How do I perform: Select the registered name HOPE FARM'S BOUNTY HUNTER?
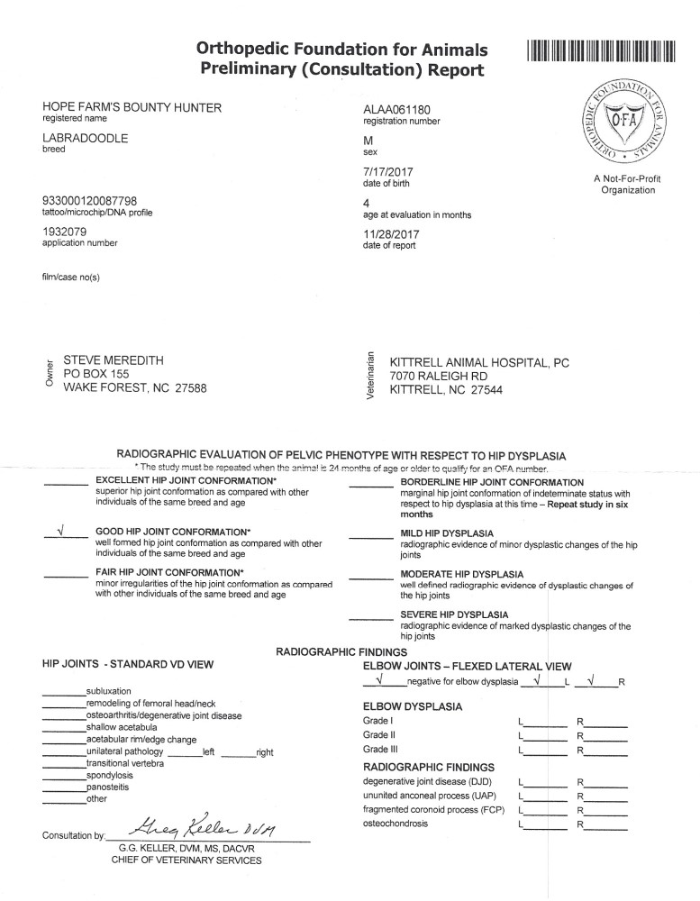132,108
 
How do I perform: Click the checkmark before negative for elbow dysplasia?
381,679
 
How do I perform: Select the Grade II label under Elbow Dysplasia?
377,734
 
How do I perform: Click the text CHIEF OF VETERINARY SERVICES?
186,861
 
